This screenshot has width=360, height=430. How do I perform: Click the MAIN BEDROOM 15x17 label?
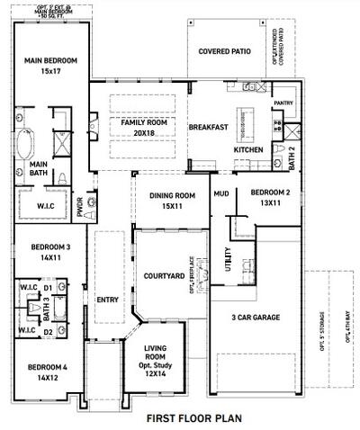44,66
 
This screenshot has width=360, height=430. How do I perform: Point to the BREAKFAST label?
208,128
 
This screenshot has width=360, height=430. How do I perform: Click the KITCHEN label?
249,148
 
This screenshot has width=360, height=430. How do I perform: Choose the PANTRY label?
283,104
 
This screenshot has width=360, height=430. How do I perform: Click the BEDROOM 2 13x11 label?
270,197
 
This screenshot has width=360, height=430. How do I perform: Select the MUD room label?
220,193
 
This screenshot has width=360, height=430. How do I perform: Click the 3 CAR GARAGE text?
255,317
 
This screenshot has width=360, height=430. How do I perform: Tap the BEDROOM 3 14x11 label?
50,252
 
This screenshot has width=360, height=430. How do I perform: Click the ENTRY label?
107,300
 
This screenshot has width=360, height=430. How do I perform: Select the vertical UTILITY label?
228,260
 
